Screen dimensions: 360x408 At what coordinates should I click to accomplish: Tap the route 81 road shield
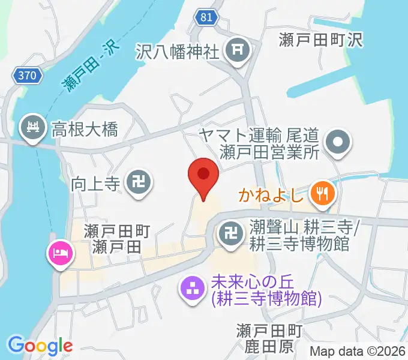pos(205,18)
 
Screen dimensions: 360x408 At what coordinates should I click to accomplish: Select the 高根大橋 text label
pos(84,128)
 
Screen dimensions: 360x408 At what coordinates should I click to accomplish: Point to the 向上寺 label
pos(96,181)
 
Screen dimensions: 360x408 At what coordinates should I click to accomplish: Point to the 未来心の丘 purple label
pos(266,289)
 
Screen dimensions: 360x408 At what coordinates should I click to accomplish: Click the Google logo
pos(40,346)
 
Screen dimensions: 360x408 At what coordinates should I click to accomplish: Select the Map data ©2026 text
pos(357,351)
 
